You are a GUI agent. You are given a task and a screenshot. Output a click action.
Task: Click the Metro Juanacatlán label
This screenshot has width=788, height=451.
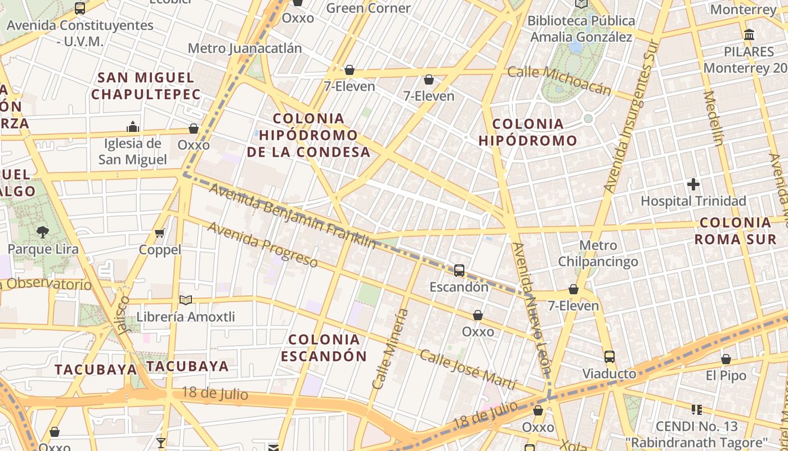(x=244, y=48)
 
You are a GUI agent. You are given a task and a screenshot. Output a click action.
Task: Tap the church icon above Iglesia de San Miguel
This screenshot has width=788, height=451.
(x=133, y=126)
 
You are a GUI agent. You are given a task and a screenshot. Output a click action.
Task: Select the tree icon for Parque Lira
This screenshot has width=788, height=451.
(x=42, y=231)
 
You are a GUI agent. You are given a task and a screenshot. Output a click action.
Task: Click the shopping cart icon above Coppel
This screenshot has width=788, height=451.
(x=160, y=233)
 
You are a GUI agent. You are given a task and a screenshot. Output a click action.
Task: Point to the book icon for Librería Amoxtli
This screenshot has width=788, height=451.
(x=185, y=300)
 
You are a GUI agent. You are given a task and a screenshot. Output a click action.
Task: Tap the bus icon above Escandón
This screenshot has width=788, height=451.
(x=459, y=271)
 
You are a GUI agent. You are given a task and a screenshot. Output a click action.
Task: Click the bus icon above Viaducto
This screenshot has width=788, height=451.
(x=610, y=356)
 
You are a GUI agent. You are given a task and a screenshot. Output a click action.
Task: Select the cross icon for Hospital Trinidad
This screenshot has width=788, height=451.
(x=693, y=184)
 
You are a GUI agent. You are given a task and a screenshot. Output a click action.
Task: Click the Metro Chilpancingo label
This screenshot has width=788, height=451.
(x=598, y=254)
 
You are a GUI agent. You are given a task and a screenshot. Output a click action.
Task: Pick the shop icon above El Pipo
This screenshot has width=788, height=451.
(x=726, y=359)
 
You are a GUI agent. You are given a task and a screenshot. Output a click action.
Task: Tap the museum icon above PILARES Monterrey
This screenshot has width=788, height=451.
(x=749, y=35)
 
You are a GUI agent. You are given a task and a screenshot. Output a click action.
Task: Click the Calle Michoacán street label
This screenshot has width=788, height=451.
(x=559, y=81)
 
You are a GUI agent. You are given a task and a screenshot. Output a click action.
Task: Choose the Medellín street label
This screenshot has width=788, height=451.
(x=713, y=118)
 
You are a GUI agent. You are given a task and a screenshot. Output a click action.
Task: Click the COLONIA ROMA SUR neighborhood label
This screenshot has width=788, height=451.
(x=735, y=231)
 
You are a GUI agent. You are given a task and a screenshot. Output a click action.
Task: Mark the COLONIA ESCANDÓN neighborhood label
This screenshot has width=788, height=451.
(x=324, y=348)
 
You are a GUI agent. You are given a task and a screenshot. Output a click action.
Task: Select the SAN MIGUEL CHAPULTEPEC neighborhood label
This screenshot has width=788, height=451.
(x=146, y=86)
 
